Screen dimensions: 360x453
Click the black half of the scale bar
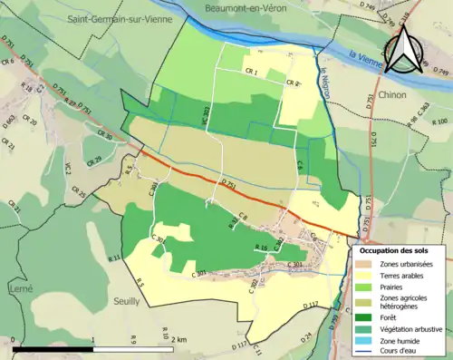point(53,349)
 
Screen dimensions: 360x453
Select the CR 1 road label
point(251,73)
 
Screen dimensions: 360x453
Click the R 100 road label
point(441,120)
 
